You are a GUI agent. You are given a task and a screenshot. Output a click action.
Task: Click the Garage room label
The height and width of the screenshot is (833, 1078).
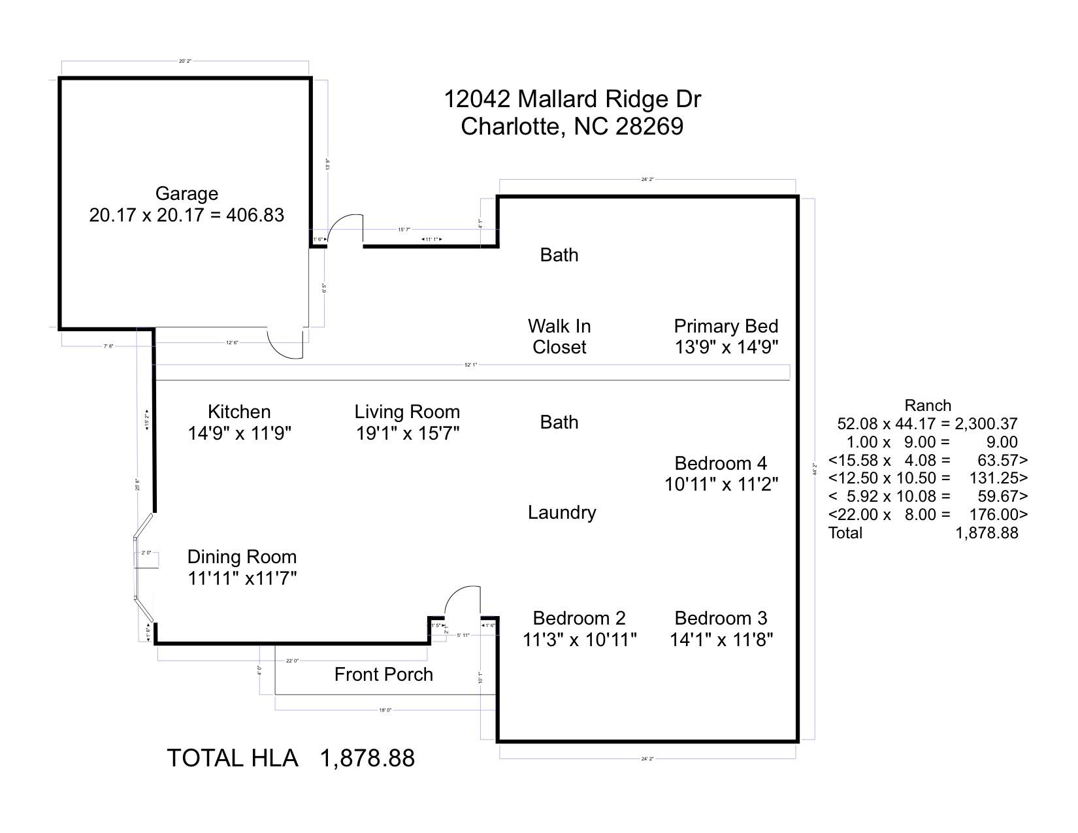point(186,193)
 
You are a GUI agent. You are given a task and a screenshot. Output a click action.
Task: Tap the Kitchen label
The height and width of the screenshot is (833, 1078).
point(239,412)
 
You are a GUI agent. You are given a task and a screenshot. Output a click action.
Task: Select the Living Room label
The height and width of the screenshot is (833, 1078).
point(407,412)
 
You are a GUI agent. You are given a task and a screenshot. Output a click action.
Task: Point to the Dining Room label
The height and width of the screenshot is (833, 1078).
point(242,557)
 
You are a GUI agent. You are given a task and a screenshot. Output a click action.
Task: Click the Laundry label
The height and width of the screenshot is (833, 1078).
point(562,512)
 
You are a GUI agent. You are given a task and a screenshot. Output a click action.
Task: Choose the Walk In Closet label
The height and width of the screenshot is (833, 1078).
point(559,336)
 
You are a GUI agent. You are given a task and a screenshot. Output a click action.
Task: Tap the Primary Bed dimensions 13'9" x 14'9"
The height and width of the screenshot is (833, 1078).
point(726,347)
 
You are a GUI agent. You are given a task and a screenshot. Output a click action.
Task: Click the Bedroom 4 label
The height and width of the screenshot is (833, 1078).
point(721,463)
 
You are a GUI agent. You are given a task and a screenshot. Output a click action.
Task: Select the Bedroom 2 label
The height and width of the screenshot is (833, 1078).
point(579,618)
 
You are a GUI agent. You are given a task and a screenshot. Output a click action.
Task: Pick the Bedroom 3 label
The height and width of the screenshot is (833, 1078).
point(721,618)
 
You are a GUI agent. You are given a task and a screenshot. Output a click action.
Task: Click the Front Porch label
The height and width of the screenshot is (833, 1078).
point(384,674)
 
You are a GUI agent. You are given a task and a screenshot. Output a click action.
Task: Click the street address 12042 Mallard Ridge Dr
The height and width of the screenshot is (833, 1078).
point(572,99)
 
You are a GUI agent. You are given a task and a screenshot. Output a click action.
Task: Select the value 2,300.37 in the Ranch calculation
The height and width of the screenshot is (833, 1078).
point(986,423)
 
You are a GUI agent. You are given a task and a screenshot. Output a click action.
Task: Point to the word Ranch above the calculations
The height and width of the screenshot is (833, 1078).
point(927,405)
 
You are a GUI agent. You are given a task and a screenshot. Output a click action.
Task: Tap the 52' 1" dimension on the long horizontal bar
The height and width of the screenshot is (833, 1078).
point(470,365)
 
